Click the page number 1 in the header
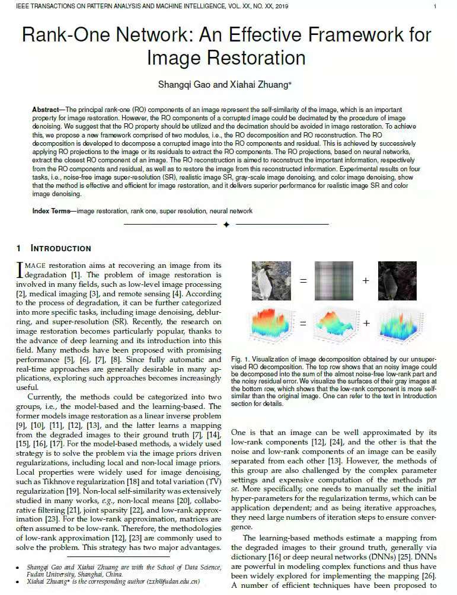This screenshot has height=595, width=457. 435,7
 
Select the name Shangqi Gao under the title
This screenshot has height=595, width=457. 184,85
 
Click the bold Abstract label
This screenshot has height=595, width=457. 46,110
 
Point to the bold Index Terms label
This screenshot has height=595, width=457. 53,211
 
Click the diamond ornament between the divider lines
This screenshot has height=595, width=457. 226,225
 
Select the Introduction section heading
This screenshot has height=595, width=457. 60,248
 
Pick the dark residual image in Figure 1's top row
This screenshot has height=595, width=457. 397,280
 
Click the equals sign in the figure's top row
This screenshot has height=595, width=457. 303,280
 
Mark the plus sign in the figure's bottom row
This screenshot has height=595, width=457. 366,323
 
